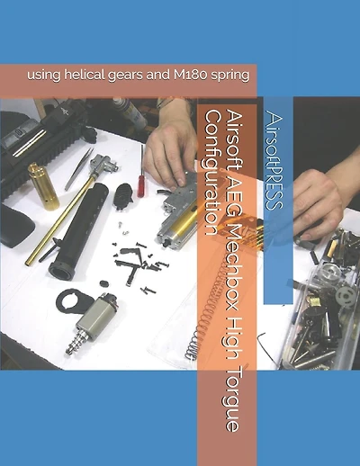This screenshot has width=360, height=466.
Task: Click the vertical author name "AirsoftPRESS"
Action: coord(274,160)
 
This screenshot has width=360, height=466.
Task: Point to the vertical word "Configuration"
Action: coord(212,172)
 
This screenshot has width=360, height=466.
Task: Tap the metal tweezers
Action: coord(78,169)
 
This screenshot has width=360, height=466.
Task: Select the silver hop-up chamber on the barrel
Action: coord(103,164)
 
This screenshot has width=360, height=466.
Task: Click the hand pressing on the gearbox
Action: coord(170,151)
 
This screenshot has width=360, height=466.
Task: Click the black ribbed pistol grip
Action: coord(123,196)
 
